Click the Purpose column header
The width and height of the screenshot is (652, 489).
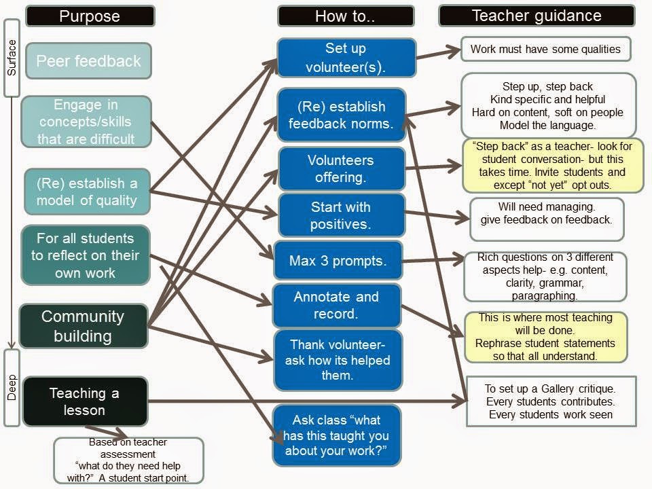[x=90, y=16]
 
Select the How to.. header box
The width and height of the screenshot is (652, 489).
[x=345, y=16]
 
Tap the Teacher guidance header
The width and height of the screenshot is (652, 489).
[x=537, y=16]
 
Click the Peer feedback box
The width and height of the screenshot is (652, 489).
[x=88, y=61]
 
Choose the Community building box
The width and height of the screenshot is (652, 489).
[x=83, y=326]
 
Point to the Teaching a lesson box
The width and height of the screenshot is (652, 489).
[x=85, y=401]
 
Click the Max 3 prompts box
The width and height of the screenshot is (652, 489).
[x=338, y=261]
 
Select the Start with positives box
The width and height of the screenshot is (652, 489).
[x=340, y=215]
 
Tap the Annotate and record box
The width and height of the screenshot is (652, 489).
[x=336, y=305]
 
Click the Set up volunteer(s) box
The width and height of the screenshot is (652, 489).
[x=346, y=57]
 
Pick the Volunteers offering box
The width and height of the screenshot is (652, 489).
[x=340, y=168]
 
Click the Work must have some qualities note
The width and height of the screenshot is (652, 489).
[x=545, y=49]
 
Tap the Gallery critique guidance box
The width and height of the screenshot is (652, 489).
[x=550, y=401]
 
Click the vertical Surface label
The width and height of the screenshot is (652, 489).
[x=12, y=58]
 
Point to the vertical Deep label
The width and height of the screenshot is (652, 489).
[x=12, y=388]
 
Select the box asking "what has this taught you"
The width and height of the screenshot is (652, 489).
[x=336, y=435]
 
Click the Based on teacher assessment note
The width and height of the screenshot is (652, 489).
[x=128, y=460]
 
